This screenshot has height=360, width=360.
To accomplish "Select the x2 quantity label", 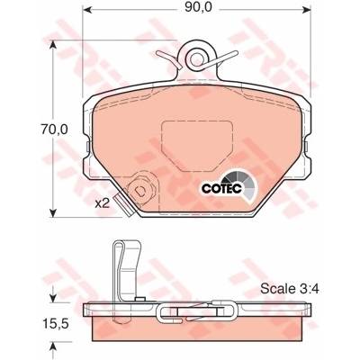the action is point(102,203).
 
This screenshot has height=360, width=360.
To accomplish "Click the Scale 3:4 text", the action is point(290,289).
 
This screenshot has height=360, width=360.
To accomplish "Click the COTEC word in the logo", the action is point(221,189).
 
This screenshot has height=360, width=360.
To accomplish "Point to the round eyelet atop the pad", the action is point(196,58).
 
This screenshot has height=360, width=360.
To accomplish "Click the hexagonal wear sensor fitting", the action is point(140,190).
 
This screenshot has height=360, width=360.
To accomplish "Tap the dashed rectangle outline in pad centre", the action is point(197,146).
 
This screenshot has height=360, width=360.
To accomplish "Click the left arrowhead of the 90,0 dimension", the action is point(86,10).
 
